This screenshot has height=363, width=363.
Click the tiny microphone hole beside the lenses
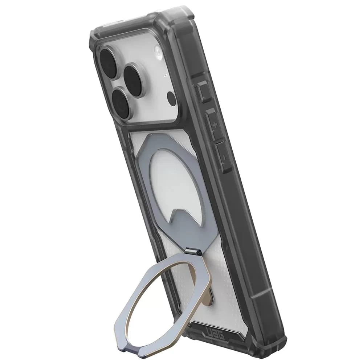click(164, 75)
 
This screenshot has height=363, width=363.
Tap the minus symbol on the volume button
click(224, 157)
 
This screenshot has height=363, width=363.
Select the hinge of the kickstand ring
click(192, 252)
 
